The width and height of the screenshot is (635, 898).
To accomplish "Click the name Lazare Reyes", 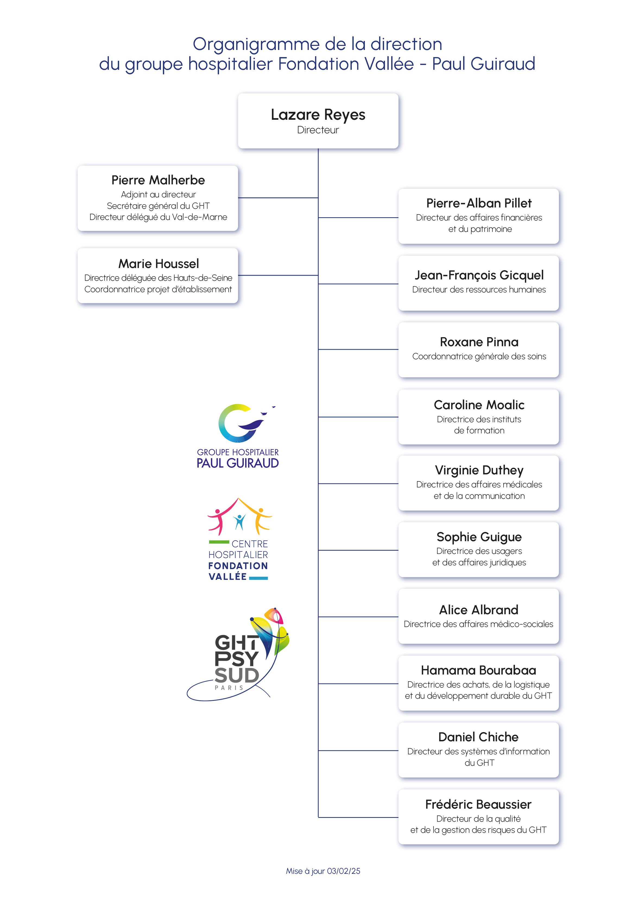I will pos(318,115).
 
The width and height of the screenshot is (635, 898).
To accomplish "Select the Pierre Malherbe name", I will pos(158,180).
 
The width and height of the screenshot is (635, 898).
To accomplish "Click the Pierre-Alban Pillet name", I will pos(479,203).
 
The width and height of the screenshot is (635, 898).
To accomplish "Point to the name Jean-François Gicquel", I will pos(479,275).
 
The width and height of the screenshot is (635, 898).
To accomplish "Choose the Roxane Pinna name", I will pos(479,342).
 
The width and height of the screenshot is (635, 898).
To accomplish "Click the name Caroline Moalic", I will pos(479,405).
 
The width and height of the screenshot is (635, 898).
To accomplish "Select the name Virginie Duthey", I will pos(479,470).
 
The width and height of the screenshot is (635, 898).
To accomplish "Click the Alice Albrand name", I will pos(479,610).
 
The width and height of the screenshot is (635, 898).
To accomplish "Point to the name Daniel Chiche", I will pos(478,737).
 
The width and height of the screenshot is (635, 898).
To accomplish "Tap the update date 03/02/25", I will pos(343,871).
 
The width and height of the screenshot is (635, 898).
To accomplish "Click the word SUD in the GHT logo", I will pos(236,675).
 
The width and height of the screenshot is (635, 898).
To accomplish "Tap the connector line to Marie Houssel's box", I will pos(278,275).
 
